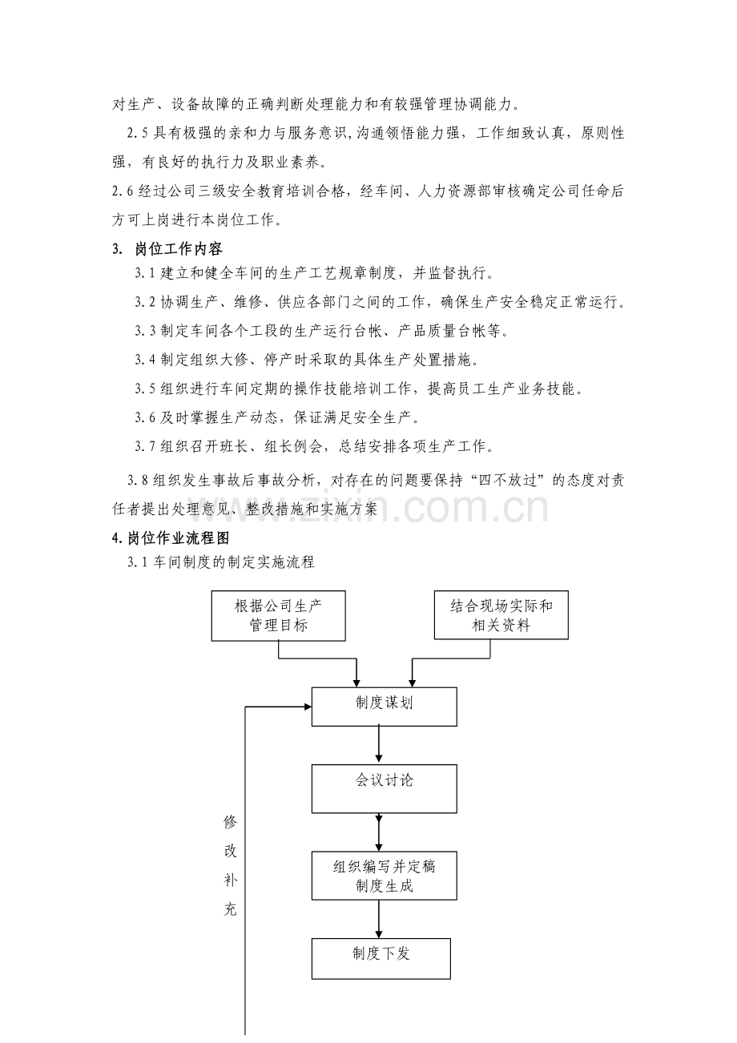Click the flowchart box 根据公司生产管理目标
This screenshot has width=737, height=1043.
[x=278, y=615]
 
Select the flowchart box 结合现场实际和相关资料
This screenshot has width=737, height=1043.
[x=501, y=615]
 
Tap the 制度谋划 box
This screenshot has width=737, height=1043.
[x=384, y=706]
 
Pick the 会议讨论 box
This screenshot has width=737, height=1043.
[x=384, y=788]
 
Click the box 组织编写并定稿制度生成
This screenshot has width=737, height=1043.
[x=384, y=875]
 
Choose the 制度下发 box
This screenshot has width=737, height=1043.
[x=381, y=958]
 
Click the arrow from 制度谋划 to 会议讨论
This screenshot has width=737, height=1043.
[x=379, y=745]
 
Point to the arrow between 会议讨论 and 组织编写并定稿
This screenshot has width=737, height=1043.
[x=379, y=832]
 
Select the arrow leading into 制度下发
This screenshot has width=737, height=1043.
[x=379, y=919]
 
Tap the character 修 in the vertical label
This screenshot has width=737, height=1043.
[x=231, y=823]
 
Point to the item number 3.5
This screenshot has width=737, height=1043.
[x=147, y=389]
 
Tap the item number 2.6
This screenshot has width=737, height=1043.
[x=124, y=190]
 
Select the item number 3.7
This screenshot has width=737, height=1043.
[x=147, y=445]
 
